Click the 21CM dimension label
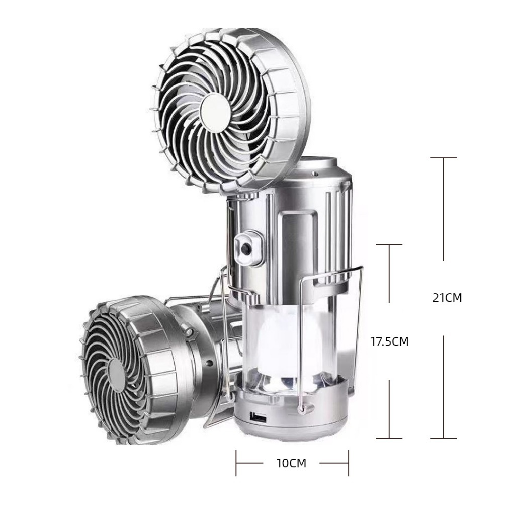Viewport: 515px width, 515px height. point(447,298)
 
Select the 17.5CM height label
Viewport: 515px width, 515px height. point(390,341)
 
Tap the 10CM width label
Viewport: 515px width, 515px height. point(291,463)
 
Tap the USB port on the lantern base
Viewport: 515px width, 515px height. point(260,418)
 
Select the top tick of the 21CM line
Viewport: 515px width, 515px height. point(444,157)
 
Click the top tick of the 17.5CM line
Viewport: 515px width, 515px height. point(389,245)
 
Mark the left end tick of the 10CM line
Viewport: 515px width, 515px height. point(236,463)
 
